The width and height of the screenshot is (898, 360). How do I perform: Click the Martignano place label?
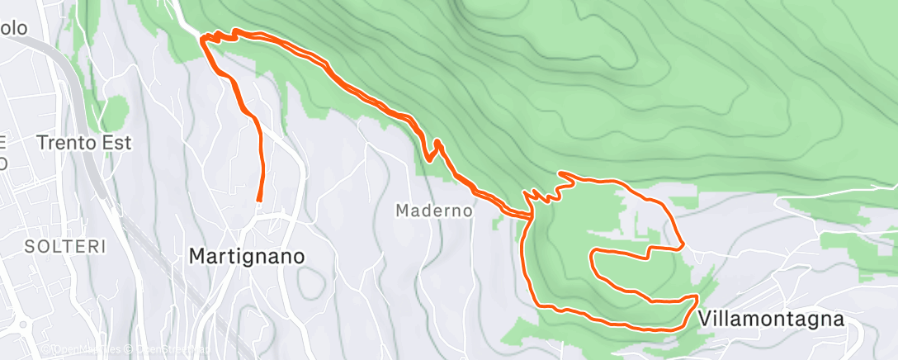pyautogui.click(x=247, y=256)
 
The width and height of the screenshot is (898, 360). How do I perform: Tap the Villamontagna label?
pyautogui.click(x=771, y=319)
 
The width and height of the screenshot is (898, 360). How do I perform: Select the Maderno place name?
pyautogui.click(x=434, y=211)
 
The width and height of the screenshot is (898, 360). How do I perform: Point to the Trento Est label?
pyautogui.click(x=85, y=142)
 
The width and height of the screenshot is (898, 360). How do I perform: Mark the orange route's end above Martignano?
pyautogui.click(x=259, y=200)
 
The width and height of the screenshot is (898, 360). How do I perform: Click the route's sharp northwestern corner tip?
pyautogui.click(x=203, y=38)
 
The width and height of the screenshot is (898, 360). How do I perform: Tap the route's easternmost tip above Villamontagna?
pyautogui.click(x=683, y=245)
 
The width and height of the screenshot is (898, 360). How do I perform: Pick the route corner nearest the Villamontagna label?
pyautogui.click(x=698, y=296)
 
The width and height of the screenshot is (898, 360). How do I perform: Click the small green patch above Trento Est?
pyautogui.click(x=116, y=110)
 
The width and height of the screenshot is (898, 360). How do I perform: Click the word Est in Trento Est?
pyautogui.click(x=116, y=142)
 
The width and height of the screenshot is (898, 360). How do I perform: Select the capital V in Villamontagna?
pyautogui.click(x=706, y=319)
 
